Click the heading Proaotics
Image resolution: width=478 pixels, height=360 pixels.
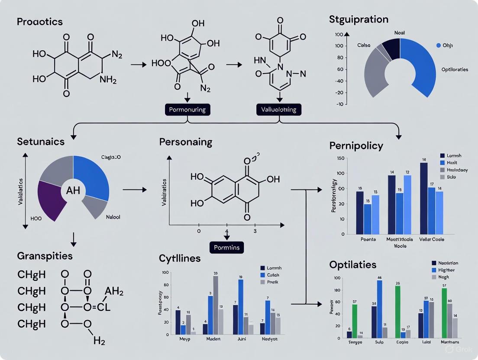tap(39, 22)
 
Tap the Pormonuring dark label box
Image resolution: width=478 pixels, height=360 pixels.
tap(188, 109)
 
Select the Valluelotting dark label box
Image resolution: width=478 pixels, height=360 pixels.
tap(279, 109)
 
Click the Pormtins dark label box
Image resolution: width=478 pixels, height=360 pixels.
tap(227, 247)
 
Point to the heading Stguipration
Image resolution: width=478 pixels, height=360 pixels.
tap(358, 19)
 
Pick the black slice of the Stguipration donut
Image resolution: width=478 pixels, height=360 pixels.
tap(391, 48)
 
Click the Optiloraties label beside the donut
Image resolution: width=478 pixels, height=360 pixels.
tap(454, 69)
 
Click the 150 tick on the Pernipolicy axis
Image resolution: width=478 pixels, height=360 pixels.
tap(340, 158)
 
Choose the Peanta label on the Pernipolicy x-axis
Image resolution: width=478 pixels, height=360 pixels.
tap(368, 239)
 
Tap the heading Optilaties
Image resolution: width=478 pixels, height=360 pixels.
tap(353, 264)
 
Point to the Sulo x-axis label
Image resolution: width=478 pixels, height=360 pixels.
tap(380, 341)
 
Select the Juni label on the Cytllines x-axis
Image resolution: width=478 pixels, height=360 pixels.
tap(242, 339)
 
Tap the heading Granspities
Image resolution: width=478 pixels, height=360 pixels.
tap(45, 256)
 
